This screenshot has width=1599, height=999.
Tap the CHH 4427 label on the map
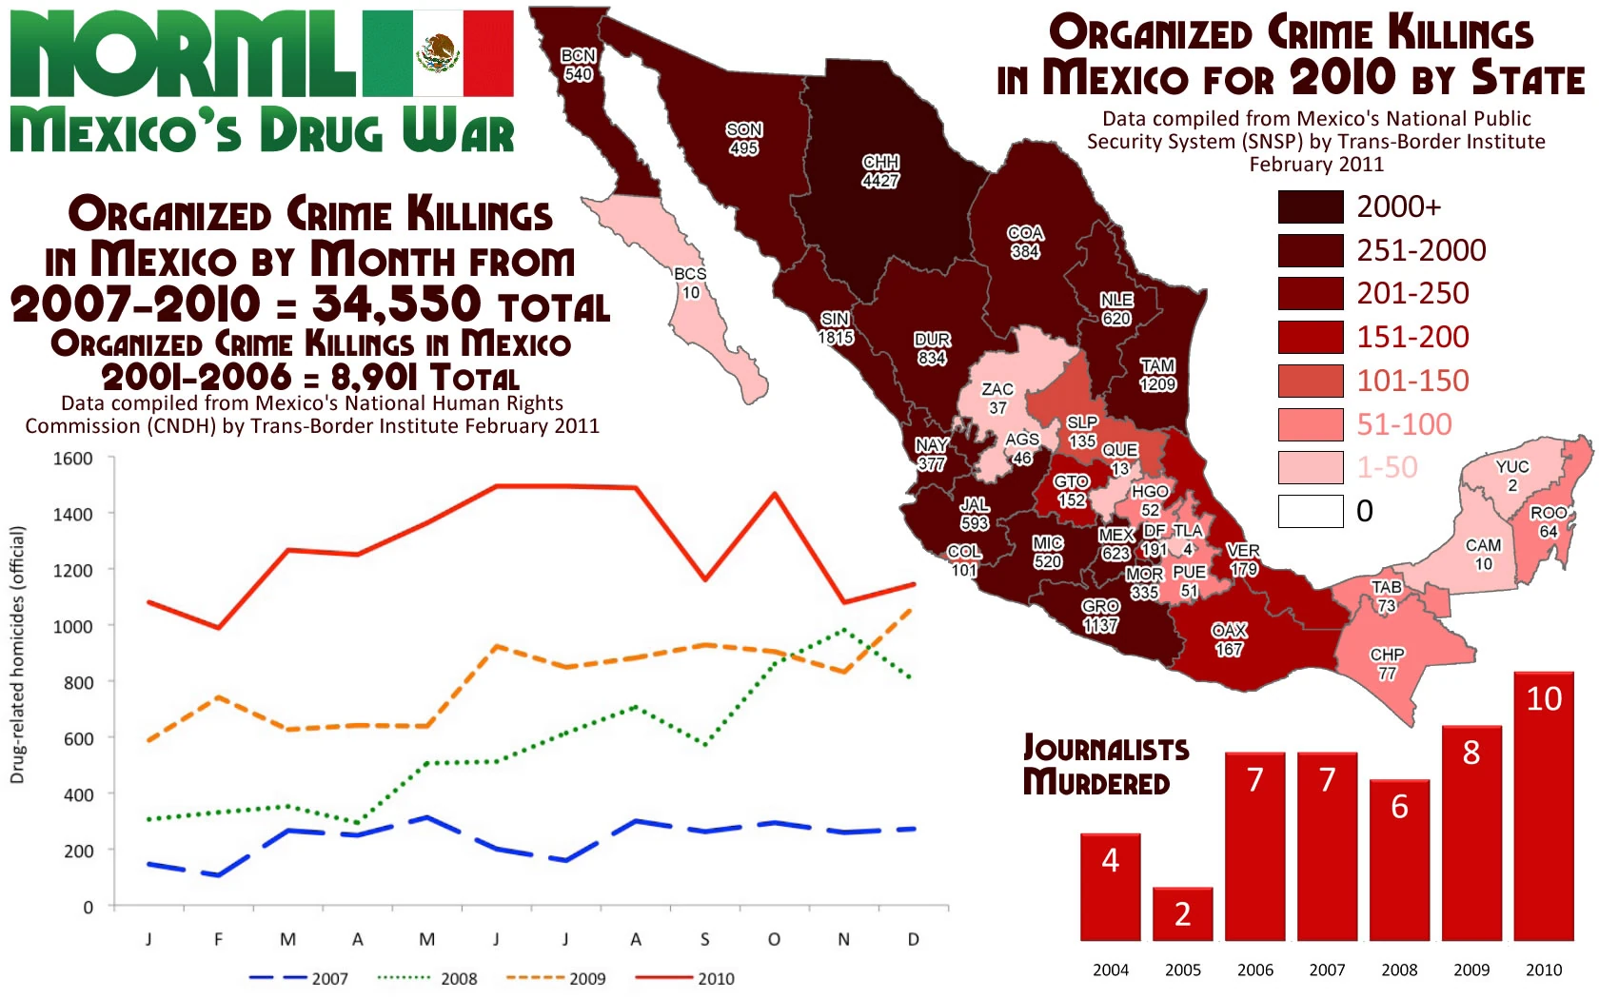tap(880, 171)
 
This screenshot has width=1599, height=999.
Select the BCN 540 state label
tap(578, 65)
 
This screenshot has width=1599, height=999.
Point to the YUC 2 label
tap(1512, 476)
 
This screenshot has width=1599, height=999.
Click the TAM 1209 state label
tap(1157, 375)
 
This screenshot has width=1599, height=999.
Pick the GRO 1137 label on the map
tap(1100, 616)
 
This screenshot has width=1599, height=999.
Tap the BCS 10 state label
tap(690, 283)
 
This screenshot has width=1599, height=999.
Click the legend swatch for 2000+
tap(1310, 206)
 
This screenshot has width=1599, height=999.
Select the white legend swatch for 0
tap(1310, 511)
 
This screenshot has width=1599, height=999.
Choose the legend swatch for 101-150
tap(1310, 381)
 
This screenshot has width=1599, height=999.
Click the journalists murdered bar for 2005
tap(1182, 914)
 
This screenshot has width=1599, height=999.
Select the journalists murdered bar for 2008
tap(1399, 860)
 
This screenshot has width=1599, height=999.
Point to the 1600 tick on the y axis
tap(73, 459)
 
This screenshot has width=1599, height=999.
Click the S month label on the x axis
tap(704, 940)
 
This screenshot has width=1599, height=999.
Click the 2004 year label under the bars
tap(1111, 970)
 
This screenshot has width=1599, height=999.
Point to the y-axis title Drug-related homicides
tap(17, 656)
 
